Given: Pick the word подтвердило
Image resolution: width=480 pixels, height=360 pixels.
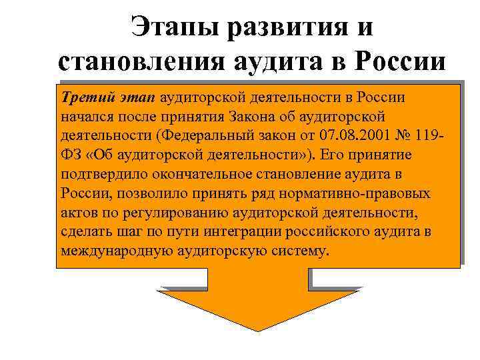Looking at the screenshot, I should [100, 175].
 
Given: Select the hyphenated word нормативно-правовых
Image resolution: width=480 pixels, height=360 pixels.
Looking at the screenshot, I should [365, 194].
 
